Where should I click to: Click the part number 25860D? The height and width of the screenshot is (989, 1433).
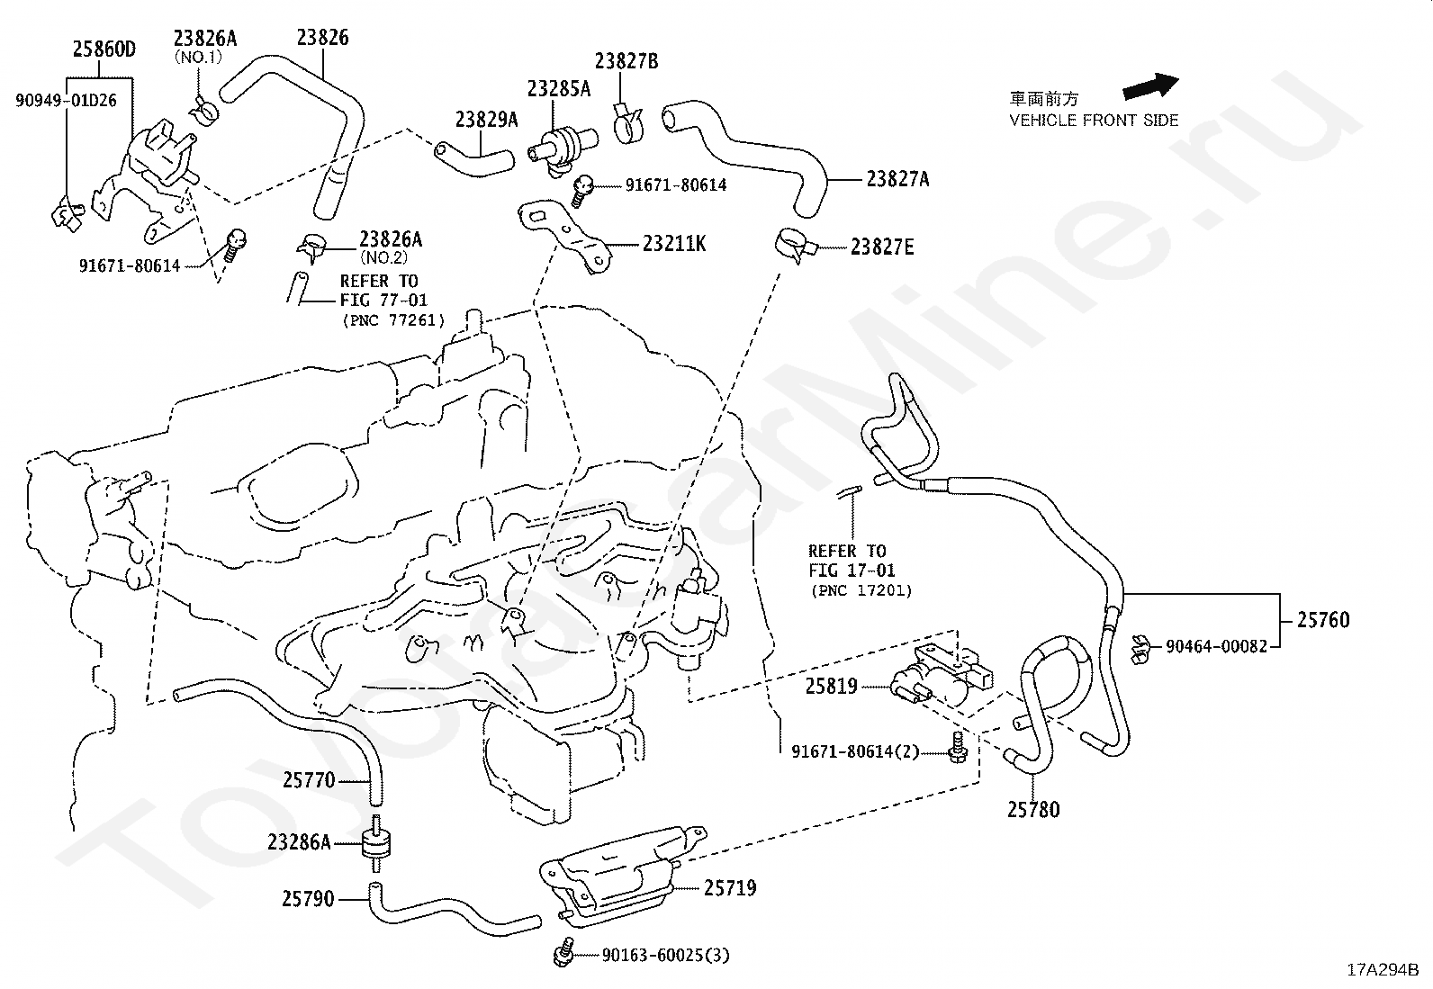(x=104, y=49)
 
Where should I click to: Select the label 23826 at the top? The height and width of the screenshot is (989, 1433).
(x=322, y=38)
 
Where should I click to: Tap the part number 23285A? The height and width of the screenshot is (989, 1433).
(x=559, y=88)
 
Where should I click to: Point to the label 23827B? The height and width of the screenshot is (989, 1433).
(x=626, y=61)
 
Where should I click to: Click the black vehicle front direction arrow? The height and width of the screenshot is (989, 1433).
(x=1149, y=85)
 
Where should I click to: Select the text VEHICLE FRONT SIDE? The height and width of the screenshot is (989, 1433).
(x=1094, y=120)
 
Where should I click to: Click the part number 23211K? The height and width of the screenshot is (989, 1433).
(x=674, y=243)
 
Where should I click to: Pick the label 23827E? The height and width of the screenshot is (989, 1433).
(x=882, y=247)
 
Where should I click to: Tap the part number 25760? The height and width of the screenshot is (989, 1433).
(x=1323, y=620)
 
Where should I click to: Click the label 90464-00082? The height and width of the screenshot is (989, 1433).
(x=1216, y=645)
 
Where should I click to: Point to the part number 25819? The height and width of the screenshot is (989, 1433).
(x=831, y=687)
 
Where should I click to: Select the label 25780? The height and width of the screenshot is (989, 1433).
(x=1033, y=810)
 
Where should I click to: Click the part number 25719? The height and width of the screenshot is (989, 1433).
(x=730, y=888)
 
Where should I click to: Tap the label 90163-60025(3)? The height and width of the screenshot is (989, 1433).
(x=665, y=955)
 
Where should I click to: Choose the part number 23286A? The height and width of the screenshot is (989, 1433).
(x=300, y=843)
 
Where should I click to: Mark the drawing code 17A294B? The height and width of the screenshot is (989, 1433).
(x=1383, y=970)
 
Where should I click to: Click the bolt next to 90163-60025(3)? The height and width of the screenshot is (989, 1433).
(x=565, y=953)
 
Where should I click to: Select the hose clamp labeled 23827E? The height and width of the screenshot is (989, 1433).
(x=793, y=244)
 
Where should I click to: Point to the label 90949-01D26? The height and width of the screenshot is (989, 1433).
(x=66, y=100)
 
